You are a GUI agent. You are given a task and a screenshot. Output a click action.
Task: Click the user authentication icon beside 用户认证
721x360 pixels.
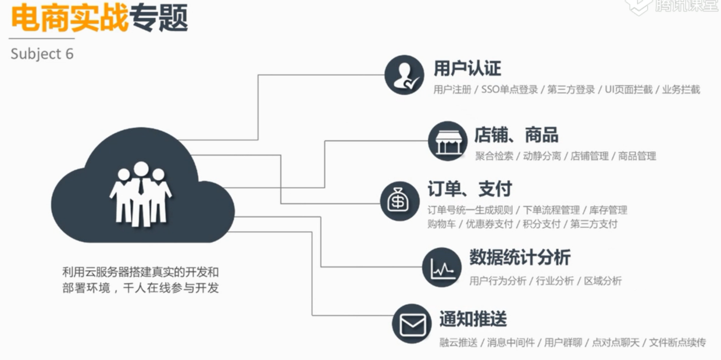[404, 75]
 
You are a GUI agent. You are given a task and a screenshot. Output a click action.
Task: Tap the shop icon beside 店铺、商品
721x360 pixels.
[447, 141]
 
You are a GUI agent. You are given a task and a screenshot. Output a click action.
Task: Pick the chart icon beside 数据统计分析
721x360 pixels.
[442, 267]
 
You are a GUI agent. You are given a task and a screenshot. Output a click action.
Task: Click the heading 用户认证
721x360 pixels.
[467, 69]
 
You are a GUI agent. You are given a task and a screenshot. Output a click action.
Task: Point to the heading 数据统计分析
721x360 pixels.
[519, 258]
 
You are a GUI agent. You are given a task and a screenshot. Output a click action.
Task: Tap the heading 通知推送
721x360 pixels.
[473, 319]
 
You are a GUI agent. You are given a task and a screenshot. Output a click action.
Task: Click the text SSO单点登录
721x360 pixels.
[509, 90]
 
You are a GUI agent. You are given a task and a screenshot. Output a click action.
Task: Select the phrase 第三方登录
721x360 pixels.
[571, 90]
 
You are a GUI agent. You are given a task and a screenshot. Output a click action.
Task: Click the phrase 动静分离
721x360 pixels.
[541, 156]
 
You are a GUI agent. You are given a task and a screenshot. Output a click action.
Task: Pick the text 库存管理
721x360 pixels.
[608, 210]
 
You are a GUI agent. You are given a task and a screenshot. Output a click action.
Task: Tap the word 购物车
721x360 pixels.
[441, 224]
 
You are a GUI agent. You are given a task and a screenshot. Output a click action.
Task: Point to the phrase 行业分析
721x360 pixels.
[555, 281]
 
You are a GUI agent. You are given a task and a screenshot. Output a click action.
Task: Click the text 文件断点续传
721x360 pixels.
[677, 343]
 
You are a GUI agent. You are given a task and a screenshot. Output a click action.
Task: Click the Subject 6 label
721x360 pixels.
[42, 54]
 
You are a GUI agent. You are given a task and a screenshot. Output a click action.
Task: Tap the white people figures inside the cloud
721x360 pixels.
[140, 193]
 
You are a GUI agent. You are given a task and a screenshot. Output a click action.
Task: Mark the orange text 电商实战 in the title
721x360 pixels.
[69, 19]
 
